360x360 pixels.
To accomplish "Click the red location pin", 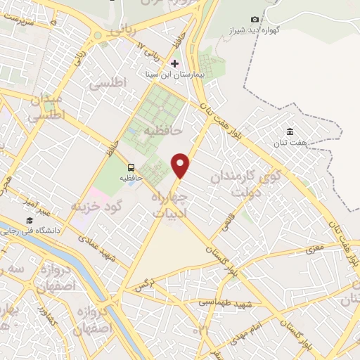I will click(x=181, y=166).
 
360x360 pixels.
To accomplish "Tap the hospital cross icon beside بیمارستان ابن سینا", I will click(x=175, y=63).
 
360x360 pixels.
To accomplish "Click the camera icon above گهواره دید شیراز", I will click(x=255, y=20).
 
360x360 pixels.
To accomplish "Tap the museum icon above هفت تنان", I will click(x=290, y=131).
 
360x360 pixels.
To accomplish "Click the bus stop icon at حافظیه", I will click(x=131, y=167).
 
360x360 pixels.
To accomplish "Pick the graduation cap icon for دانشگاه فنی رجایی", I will click(x=30, y=222).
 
